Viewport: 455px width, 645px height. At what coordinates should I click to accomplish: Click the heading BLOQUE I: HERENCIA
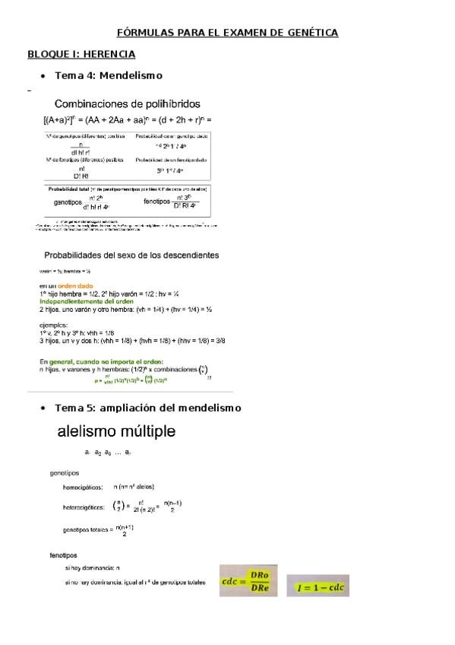point(81,54)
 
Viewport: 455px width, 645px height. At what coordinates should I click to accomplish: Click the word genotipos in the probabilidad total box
point(68,203)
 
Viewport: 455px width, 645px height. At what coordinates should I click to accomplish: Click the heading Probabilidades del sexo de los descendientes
point(131,255)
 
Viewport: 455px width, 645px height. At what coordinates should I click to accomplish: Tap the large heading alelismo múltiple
point(117,432)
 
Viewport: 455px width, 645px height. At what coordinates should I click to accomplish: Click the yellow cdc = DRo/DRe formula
point(248,581)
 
